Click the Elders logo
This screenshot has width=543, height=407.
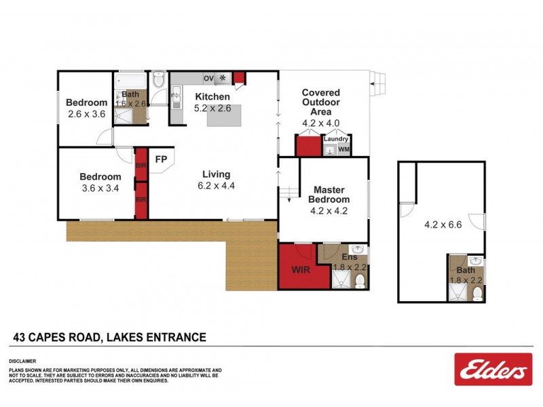tap(494, 370)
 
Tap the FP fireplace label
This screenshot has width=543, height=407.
tap(161, 160)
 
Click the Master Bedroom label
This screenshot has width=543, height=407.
tap(329, 194)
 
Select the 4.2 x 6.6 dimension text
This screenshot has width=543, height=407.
tap(443, 225)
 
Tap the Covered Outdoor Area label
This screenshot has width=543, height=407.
tap(320, 102)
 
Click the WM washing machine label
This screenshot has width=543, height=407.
tap(343, 149)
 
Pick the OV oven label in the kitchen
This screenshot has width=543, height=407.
tap(208, 79)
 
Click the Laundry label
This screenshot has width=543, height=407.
tap(335, 138)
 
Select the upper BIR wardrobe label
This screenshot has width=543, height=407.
tap(141, 165)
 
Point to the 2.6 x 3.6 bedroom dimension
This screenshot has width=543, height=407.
tap(87, 114)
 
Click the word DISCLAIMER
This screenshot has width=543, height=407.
tap(22, 361)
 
